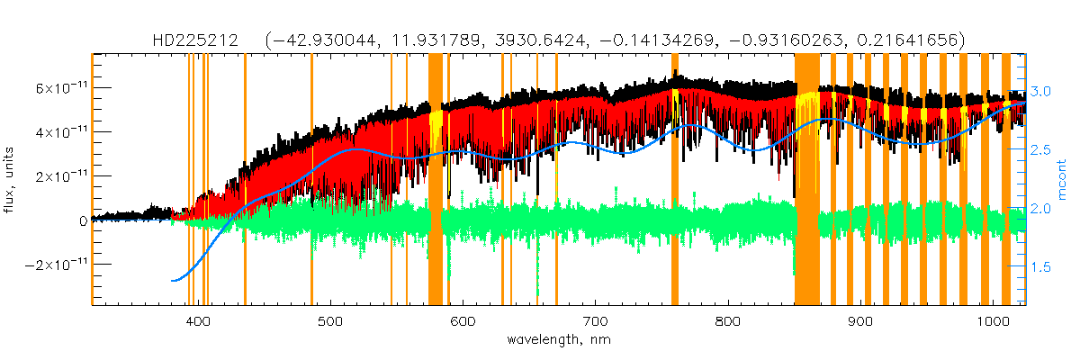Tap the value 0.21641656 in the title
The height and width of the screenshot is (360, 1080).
pyautogui.click(x=917, y=40)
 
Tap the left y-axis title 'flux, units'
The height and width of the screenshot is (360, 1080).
pyautogui.click(x=12, y=180)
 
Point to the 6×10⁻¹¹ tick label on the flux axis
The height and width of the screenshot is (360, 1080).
pyautogui.click(x=58, y=88)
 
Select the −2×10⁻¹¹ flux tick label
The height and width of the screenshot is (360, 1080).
pyautogui.click(x=56, y=265)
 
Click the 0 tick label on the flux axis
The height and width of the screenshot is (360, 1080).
pyautogui.click(x=83, y=220)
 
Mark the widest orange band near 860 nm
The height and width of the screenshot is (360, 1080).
pyautogui.click(x=806, y=180)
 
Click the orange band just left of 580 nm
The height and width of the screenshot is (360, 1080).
pyautogui.click(x=435, y=180)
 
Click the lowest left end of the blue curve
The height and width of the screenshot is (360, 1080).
pyautogui.click(x=173, y=281)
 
